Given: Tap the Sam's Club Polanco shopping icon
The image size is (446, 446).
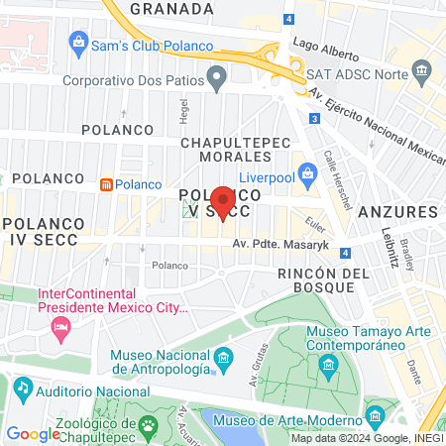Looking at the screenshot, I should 76,42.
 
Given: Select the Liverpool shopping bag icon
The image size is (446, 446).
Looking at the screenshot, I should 307,174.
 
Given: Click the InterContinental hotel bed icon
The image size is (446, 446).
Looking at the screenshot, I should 61,327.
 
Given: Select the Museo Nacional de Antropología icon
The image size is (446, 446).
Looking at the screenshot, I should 224,357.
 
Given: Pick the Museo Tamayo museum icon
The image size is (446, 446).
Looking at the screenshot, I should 328,369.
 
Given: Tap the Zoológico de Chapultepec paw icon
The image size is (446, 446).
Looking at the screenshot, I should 148,426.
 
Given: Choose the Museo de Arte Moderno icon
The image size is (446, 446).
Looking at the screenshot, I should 375,413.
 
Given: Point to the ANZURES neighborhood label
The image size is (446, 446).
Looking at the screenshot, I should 397,212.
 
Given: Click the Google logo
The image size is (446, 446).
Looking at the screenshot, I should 33,433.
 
